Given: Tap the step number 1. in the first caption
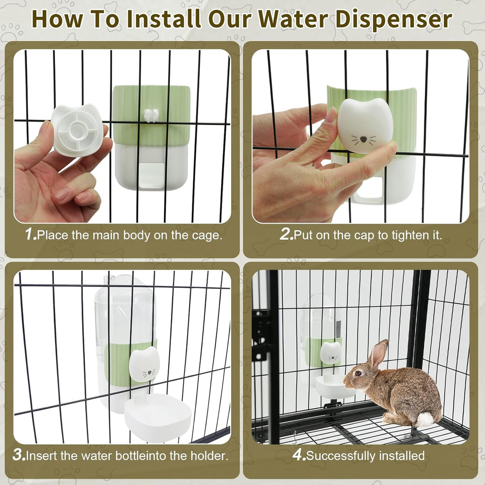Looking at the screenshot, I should [x=31, y=235].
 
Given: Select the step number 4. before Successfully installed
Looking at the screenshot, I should [x=298, y=456].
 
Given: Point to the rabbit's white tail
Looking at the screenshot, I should [x=425, y=419].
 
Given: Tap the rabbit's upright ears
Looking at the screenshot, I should [x=378, y=353].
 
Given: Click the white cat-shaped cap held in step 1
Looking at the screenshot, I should [x=77, y=130].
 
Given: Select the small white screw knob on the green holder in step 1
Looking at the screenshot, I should [x=151, y=115].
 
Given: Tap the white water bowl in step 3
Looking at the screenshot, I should [x=158, y=417].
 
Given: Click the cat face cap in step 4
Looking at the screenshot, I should [x=331, y=353].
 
